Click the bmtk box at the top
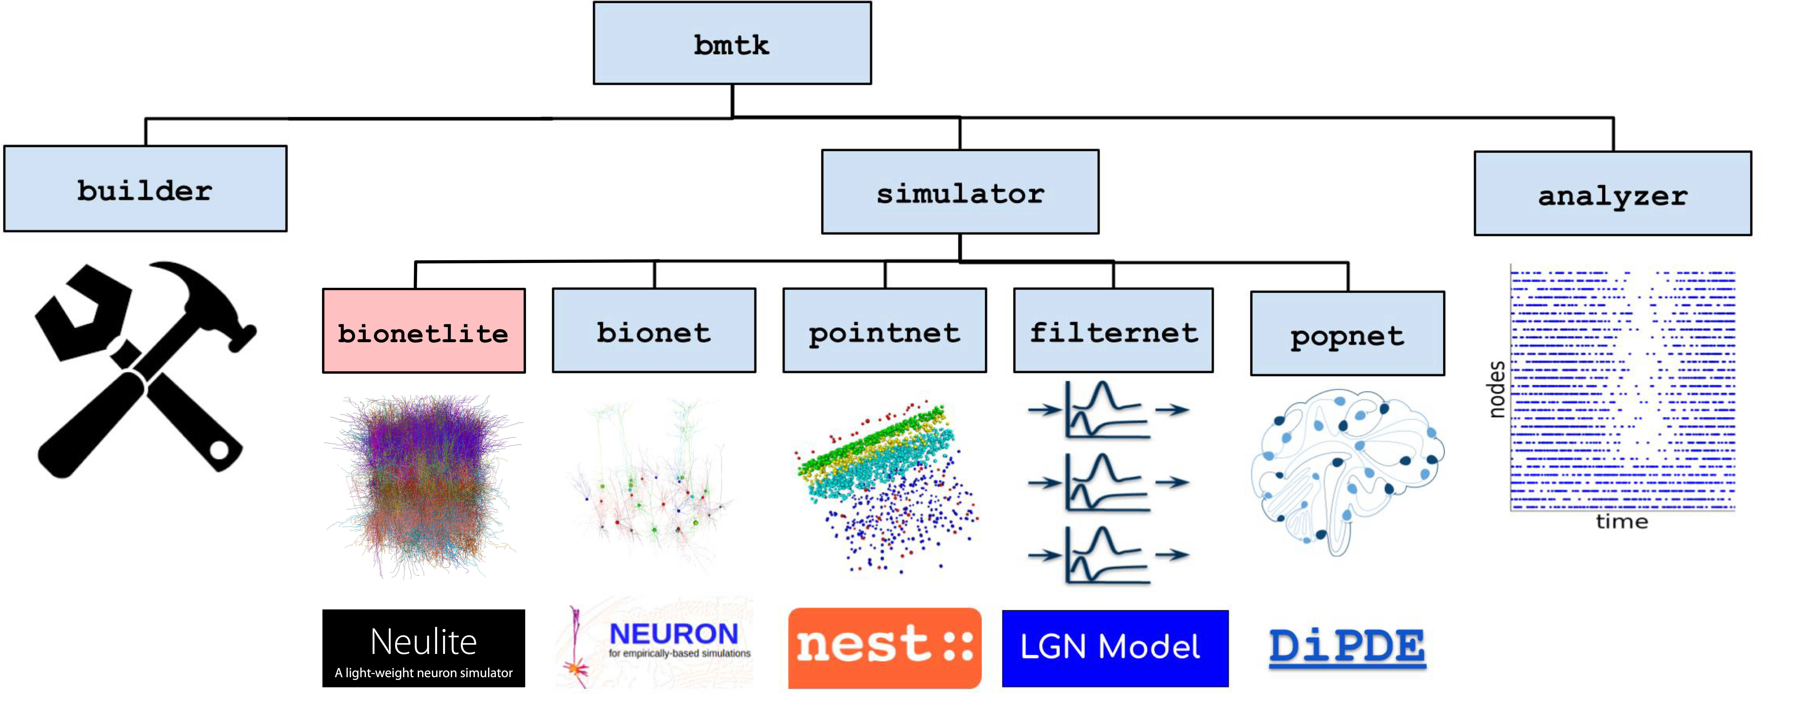[x=732, y=43]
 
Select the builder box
[x=145, y=189]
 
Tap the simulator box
[x=960, y=192]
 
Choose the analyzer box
[x=1613, y=194]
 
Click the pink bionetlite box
[x=423, y=331]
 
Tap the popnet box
[x=1347, y=334]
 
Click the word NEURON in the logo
[x=673, y=634]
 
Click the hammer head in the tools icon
[x=203, y=295]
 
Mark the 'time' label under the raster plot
[x=1621, y=522]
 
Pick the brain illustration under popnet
[x=1347, y=470]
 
